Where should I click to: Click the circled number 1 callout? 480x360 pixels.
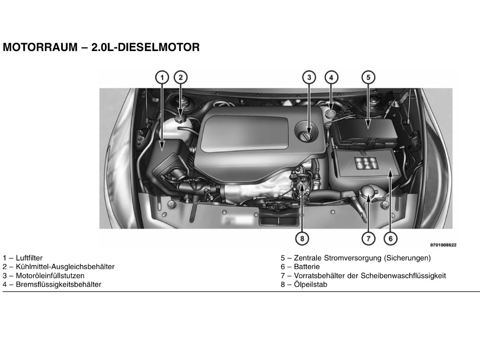(162, 77)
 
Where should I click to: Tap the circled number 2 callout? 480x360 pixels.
(180, 77)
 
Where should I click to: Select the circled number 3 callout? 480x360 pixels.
(309, 77)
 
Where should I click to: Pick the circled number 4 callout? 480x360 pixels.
(331, 77)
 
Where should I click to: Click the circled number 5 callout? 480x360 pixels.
(368, 77)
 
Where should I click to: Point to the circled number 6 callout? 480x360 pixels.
(390, 238)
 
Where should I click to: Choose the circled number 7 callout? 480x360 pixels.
(368, 238)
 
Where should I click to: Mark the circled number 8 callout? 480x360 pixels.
(302, 238)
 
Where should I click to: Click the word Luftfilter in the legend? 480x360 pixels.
(29, 258)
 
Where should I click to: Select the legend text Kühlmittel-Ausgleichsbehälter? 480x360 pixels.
(65, 267)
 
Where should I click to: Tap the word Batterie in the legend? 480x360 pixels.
(307, 267)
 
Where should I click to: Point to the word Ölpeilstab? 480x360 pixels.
(310, 285)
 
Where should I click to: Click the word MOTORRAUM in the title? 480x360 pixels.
(40, 47)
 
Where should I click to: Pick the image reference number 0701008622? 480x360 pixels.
(443, 245)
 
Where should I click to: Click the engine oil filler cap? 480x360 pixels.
(307, 131)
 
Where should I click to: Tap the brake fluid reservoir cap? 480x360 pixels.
(331, 114)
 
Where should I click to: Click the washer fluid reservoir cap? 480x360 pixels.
(368, 192)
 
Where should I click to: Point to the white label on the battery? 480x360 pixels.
(367, 163)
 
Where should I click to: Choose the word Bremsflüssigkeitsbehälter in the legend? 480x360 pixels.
(59, 285)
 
